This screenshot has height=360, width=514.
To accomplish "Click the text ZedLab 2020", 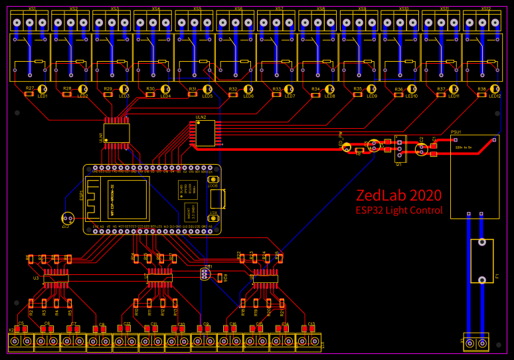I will [398, 196].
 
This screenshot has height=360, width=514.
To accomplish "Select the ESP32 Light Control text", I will [398, 211].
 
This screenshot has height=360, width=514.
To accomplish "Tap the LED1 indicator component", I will [43, 90].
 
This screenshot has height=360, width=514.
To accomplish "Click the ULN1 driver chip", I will [116, 133].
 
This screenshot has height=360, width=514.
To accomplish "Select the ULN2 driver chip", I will [205, 133].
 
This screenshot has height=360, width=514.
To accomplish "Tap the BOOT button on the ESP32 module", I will [213, 179].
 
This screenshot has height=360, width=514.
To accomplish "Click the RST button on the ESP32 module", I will [213, 218].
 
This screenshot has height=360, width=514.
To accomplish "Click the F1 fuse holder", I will [482, 261].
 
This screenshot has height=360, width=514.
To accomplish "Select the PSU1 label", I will [456, 132].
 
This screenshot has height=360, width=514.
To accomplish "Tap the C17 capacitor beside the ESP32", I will [68, 218].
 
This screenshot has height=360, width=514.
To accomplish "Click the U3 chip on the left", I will [56, 278].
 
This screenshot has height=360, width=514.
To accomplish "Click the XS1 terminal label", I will [32, 9].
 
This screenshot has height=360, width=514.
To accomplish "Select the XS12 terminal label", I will [486, 9].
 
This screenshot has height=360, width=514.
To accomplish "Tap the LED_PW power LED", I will [347, 147].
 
